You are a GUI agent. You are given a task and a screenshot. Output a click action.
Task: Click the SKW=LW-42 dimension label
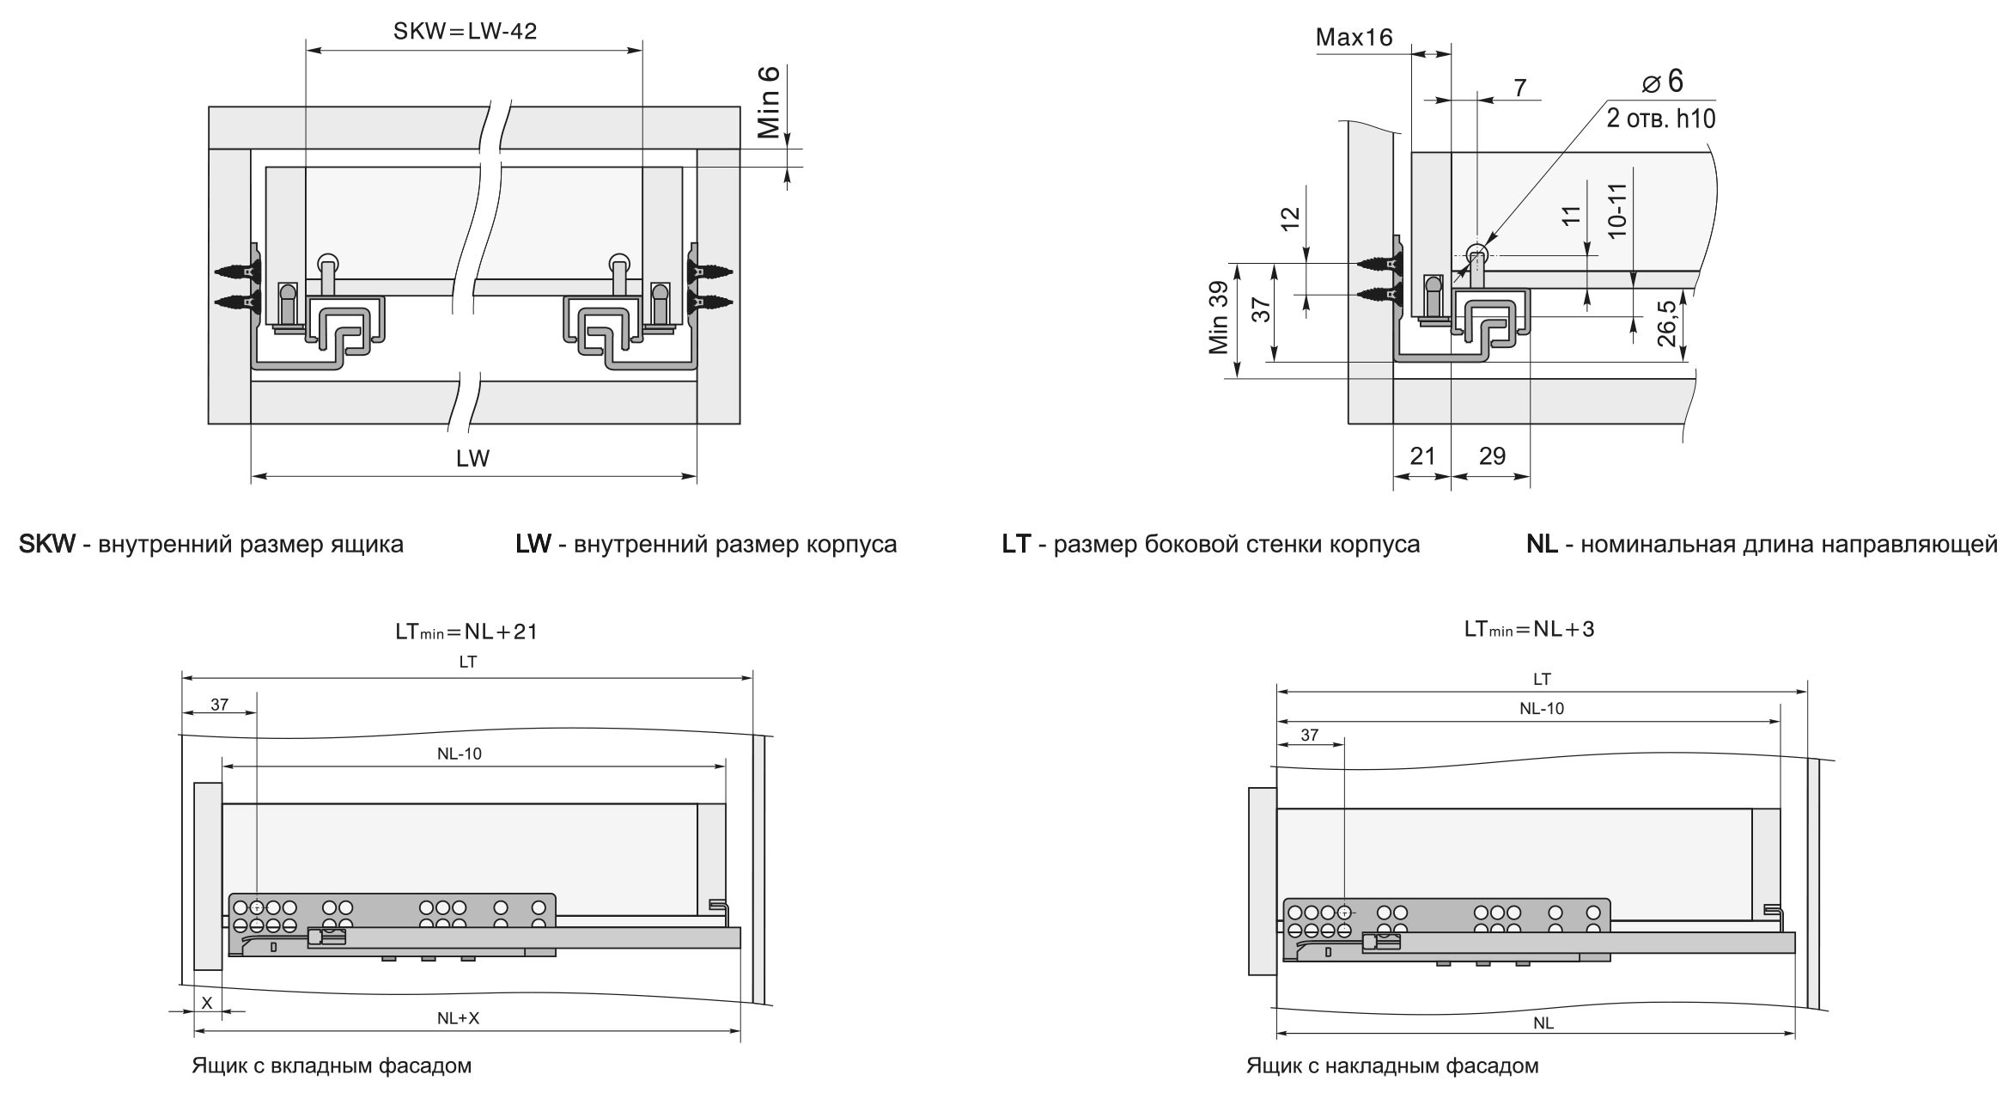click(465, 32)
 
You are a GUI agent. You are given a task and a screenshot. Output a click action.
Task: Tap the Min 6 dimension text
click(769, 101)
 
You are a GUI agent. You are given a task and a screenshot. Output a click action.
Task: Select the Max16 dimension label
click(1354, 37)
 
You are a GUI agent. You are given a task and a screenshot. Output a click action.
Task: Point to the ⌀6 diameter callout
click(1663, 82)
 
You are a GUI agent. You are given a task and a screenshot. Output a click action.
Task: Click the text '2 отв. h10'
click(1660, 119)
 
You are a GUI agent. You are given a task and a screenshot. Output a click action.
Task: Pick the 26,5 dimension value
click(1666, 322)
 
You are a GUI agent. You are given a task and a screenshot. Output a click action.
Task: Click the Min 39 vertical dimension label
click(1218, 319)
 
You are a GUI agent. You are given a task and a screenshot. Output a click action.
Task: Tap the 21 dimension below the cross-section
click(1422, 456)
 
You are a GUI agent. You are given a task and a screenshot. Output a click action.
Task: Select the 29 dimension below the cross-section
click(1492, 456)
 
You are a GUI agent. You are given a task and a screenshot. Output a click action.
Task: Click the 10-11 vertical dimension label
click(1616, 211)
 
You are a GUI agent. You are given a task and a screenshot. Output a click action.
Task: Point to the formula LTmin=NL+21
click(466, 632)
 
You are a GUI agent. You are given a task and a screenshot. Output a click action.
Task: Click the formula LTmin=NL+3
click(1529, 629)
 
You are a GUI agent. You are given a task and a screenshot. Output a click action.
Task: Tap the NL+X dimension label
click(459, 1018)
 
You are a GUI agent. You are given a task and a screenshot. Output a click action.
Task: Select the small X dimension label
click(206, 1002)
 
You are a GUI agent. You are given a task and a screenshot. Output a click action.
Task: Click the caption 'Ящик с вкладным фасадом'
click(332, 1066)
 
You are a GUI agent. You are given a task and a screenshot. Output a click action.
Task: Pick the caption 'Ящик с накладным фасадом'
click(1392, 1066)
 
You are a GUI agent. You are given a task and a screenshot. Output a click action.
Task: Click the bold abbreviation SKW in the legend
click(47, 544)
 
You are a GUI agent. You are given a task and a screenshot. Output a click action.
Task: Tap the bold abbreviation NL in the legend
click(1542, 544)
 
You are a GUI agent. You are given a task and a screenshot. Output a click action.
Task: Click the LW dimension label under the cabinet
click(472, 458)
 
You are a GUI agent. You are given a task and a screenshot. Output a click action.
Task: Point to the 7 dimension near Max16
click(1519, 88)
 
